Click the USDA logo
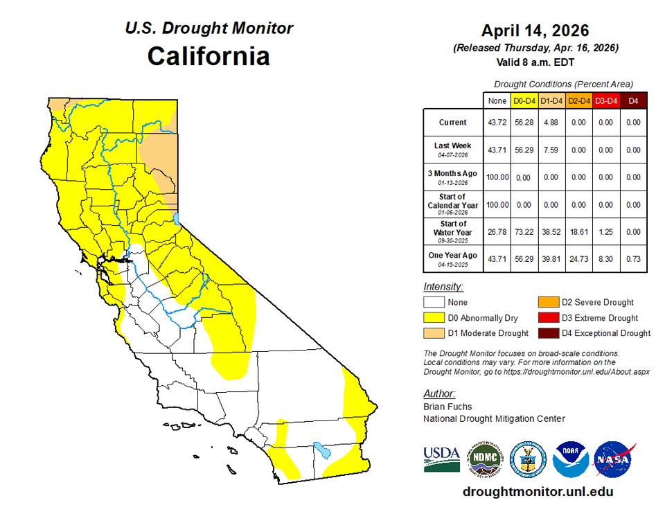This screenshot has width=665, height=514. (441, 459)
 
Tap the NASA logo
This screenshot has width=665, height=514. (614, 459)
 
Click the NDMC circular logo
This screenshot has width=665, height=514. (485, 459)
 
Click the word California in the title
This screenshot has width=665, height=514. (209, 56)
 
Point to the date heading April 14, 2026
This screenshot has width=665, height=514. (535, 31)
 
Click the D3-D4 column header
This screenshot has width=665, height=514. (606, 102)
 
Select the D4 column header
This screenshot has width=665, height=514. (633, 102)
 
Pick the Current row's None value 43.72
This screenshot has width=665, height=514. (497, 123)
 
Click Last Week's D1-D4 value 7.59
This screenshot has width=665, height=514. (551, 150)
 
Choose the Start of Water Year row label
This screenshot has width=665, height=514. (452, 229)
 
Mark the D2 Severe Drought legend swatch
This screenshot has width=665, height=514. (549, 302)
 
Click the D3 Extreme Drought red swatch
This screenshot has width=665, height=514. (549, 317)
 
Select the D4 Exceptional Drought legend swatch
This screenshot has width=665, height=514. (549, 333)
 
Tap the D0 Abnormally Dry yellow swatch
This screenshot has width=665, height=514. (434, 317)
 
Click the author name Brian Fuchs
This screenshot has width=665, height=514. (447, 407)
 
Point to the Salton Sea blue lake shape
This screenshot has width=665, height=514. (321, 450)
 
